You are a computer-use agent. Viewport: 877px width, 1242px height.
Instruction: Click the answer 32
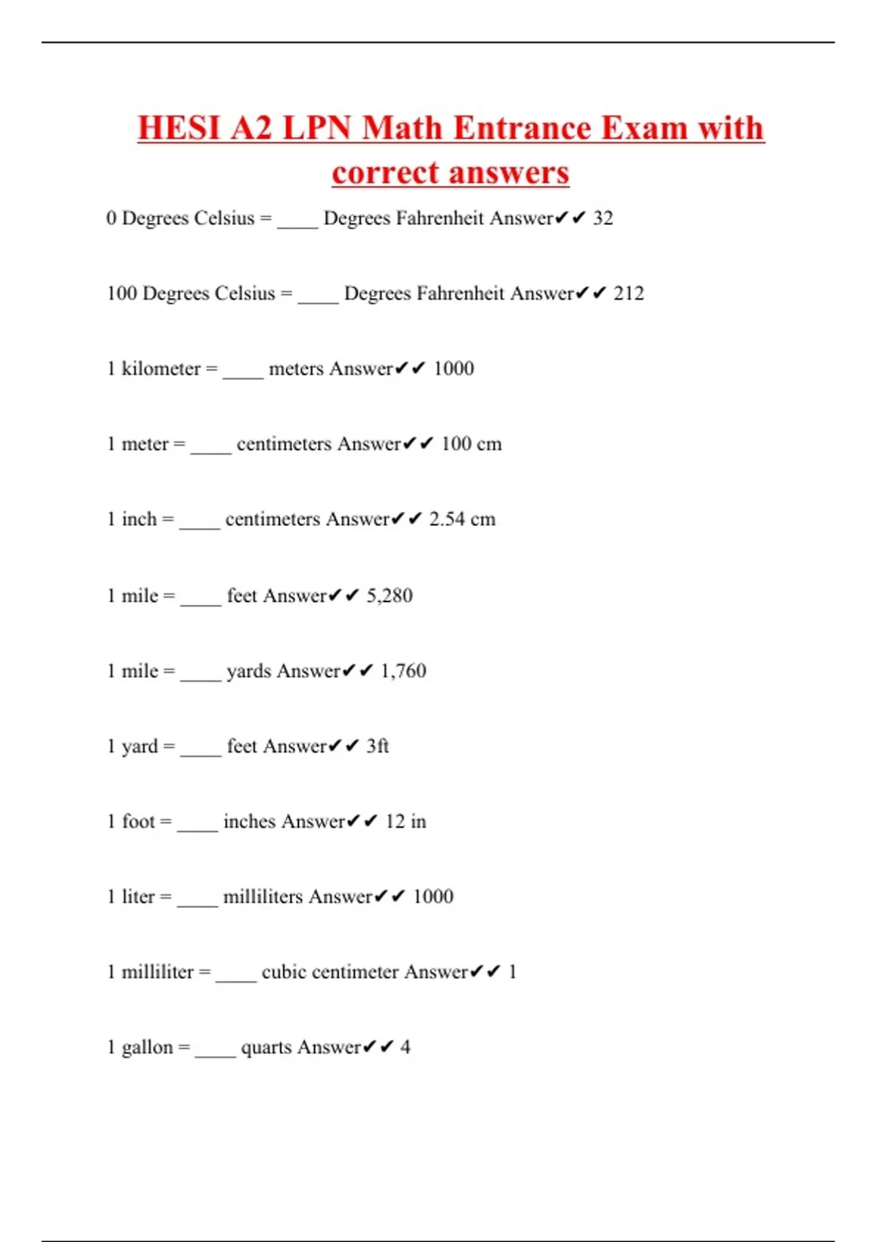tap(603, 218)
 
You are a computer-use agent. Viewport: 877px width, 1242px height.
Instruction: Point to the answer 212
tap(629, 294)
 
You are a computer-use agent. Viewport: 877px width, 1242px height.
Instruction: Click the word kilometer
tap(161, 369)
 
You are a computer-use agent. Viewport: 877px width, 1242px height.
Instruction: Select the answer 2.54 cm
tap(462, 519)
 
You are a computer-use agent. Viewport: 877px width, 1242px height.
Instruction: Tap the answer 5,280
tap(390, 596)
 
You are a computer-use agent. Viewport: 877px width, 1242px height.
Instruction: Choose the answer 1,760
tap(403, 671)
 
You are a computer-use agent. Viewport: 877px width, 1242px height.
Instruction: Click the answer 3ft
tap(378, 747)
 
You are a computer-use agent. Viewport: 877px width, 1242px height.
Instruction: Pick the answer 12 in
tap(406, 822)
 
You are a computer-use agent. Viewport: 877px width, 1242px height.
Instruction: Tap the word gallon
tap(148, 1048)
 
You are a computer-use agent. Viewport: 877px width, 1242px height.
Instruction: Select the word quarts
tap(267, 1048)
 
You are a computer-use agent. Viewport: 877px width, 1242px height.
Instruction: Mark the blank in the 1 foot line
tap(197, 827)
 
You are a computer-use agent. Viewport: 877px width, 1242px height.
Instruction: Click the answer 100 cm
tap(471, 444)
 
